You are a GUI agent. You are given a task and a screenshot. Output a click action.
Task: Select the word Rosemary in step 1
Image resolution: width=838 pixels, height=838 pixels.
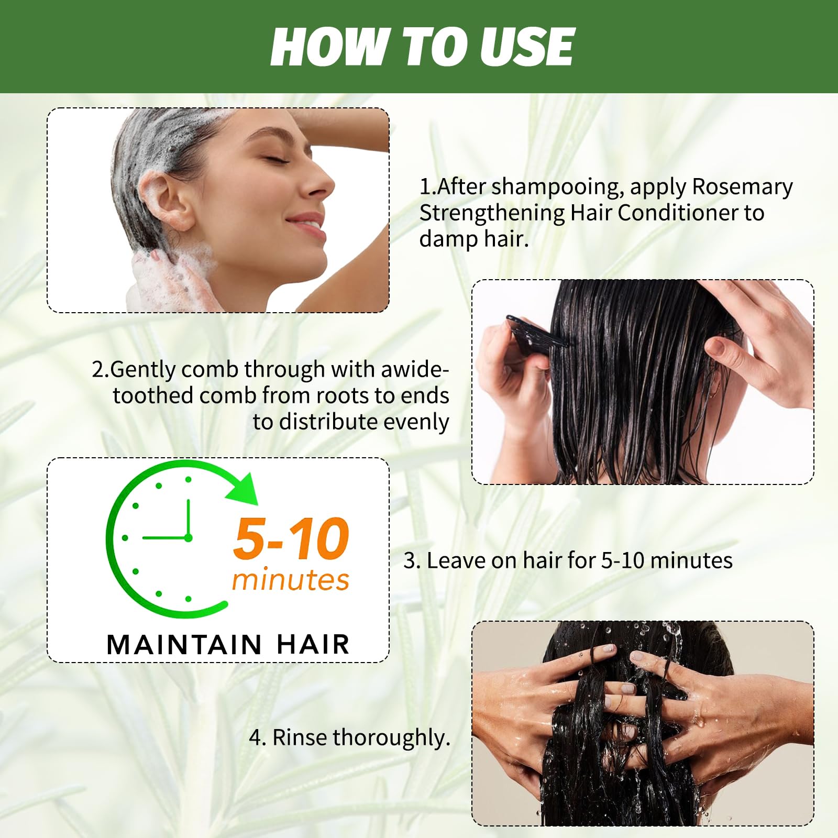pyautogui.click(x=742, y=187)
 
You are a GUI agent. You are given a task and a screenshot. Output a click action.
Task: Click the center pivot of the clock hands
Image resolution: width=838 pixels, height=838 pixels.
pyautogui.click(x=188, y=538)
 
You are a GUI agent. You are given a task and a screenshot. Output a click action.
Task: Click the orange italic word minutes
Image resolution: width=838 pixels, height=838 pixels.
pyautogui.click(x=291, y=580)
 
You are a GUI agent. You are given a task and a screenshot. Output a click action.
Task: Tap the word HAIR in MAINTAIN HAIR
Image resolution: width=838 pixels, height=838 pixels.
pyautogui.click(x=313, y=645)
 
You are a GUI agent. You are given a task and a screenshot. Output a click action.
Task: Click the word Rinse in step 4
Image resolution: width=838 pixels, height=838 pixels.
pyautogui.click(x=299, y=737)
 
